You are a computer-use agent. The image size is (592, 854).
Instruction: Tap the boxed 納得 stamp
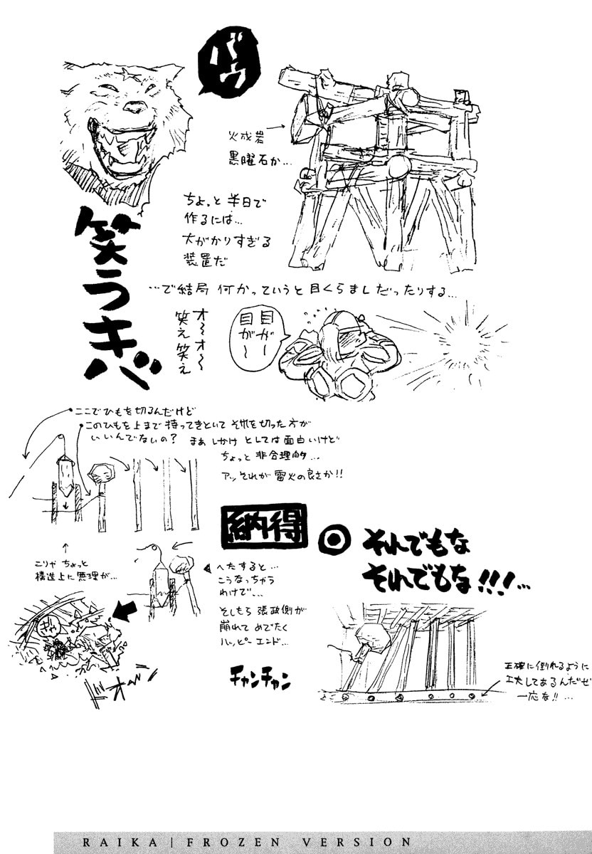coord(260,528)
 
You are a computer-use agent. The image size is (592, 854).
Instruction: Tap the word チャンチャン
coord(260,678)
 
